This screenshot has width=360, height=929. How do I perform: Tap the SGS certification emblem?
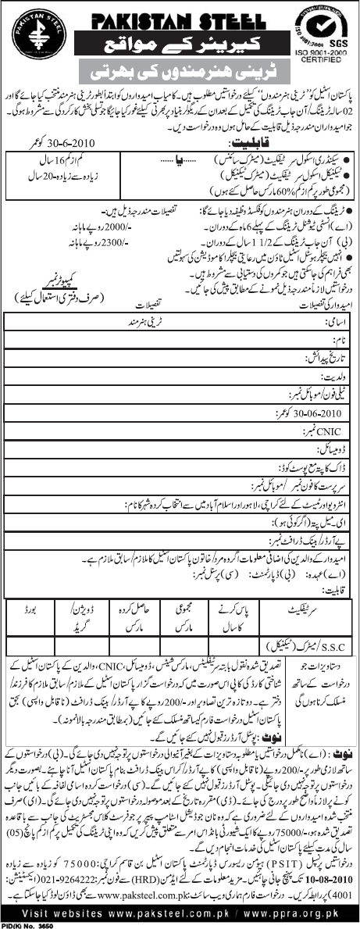point(324,24)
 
